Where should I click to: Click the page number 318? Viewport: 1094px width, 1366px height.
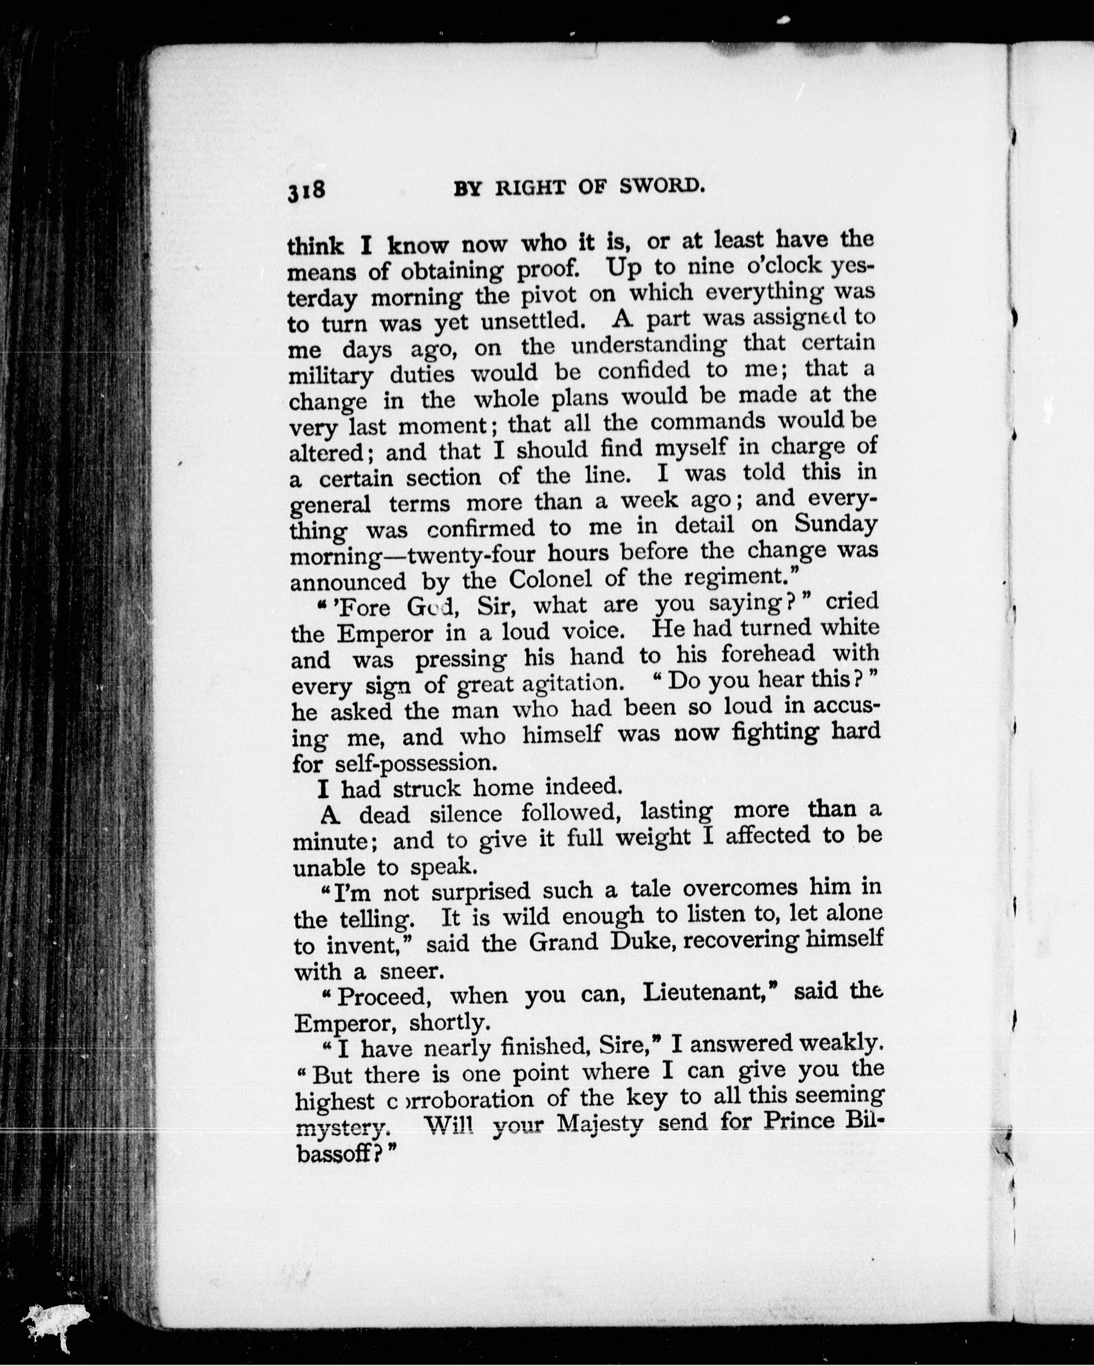coord(307,191)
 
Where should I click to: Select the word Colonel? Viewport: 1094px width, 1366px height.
coord(550,578)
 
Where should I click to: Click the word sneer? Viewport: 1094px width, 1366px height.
coord(408,971)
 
